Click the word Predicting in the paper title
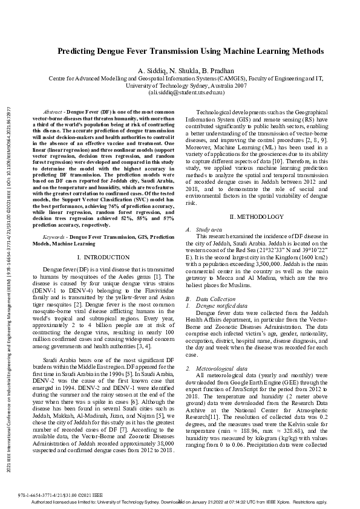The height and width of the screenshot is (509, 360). [x=80, y=52]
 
